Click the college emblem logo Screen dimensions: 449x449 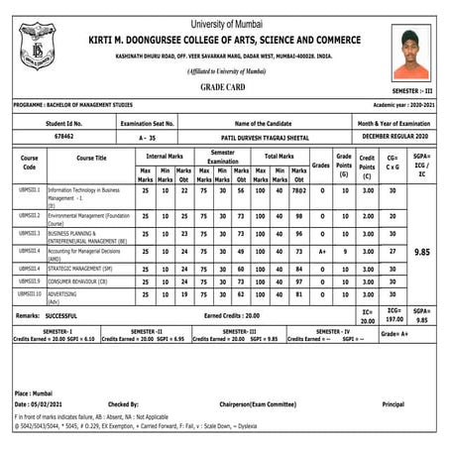pos(38,47)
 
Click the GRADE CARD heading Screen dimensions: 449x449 pos(224,87)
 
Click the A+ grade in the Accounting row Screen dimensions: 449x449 pos(321,252)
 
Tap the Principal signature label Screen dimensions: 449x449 pos(393,404)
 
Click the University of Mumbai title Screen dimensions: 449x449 pos(224,9)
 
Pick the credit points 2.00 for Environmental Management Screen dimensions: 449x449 pos(367,216)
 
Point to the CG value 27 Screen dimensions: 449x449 pos(392,252)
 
